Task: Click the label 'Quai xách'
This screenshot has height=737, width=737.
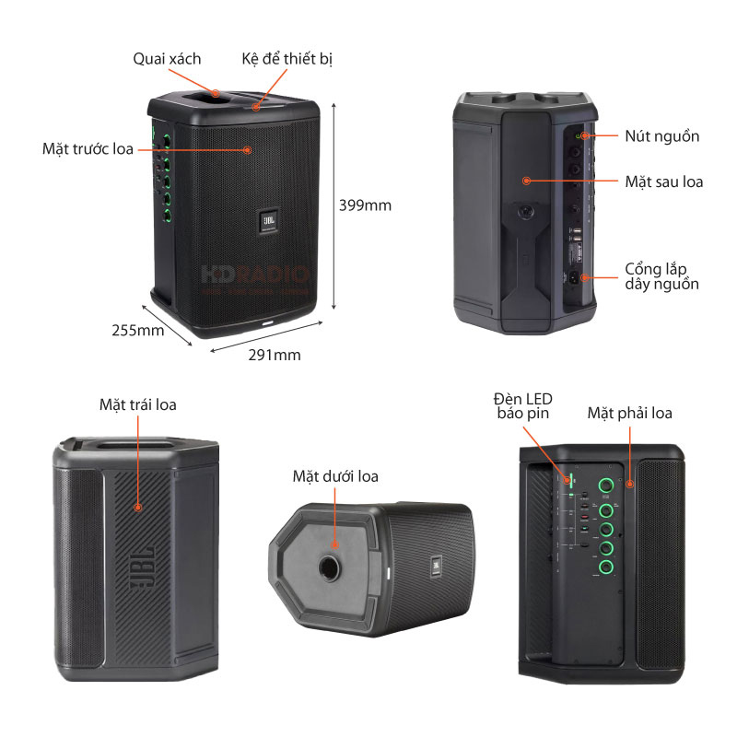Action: click(x=166, y=59)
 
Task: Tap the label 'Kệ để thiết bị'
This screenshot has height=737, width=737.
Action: click(x=287, y=59)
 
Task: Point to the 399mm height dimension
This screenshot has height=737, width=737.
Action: click(x=365, y=205)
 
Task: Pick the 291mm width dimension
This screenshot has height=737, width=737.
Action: click(x=275, y=354)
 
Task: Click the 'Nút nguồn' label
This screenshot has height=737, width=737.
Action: click(x=661, y=136)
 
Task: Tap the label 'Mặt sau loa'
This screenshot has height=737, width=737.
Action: click(x=663, y=181)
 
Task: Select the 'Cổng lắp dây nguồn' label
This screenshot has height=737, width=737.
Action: click(x=661, y=276)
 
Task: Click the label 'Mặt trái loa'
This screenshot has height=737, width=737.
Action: click(x=138, y=404)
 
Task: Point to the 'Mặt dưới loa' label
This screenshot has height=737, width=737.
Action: click(x=335, y=476)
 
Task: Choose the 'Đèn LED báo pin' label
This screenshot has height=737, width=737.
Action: click(x=521, y=406)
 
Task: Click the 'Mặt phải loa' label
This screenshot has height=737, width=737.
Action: click(x=630, y=413)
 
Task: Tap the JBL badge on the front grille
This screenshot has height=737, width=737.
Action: click(x=268, y=221)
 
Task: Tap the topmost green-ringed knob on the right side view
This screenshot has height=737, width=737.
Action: click(x=606, y=486)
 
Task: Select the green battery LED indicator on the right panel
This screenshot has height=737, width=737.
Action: click(x=569, y=480)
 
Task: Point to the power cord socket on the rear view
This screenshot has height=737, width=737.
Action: click(x=578, y=277)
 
